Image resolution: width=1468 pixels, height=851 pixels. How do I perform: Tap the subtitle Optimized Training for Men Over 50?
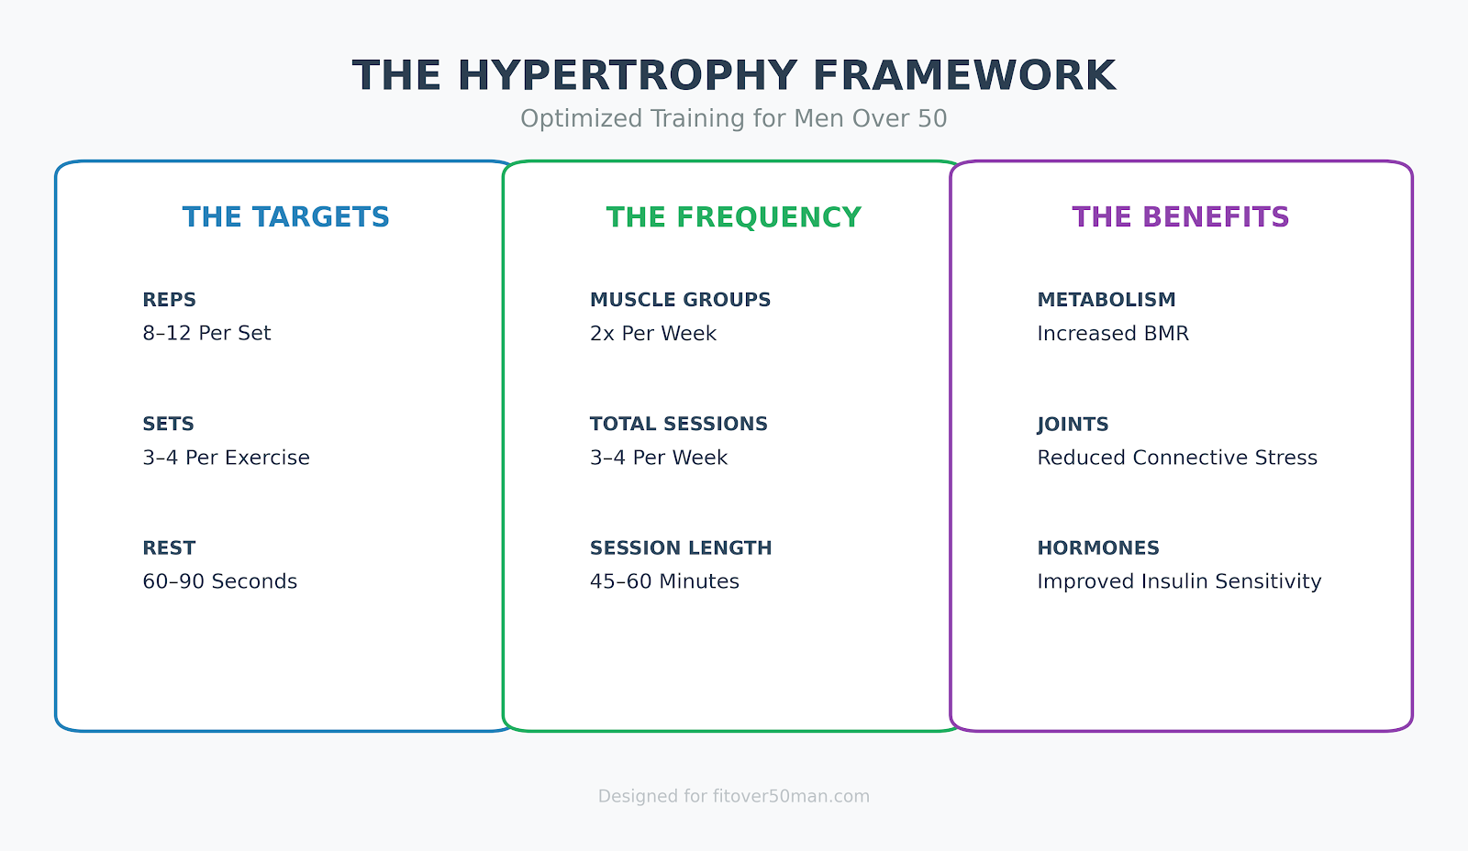(734, 119)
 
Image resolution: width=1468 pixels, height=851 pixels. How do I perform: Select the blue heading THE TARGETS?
(286, 217)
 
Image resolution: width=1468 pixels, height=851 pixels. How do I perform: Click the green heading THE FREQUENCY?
(734, 217)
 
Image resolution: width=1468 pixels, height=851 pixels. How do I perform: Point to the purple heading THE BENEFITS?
(1181, 217)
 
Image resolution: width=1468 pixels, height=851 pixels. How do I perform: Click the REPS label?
(170, 300)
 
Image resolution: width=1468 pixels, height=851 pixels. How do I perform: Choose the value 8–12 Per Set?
(206, 334)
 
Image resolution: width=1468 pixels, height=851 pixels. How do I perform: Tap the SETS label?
(168, 424)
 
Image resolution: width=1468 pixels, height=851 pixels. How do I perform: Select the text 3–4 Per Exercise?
(226, 458)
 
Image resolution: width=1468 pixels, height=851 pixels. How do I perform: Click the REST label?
(169, 548)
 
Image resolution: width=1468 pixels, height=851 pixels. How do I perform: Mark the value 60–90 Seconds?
(219, 581)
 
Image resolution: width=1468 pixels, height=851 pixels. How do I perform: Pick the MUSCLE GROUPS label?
(680, 300)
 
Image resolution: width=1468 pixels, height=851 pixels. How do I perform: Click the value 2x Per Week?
(653, 334)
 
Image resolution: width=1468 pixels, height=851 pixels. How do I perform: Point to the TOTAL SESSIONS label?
(678, 424)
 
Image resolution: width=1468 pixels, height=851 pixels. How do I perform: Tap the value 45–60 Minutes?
(664, 581)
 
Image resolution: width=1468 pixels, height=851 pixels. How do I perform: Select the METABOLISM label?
(1107, 300)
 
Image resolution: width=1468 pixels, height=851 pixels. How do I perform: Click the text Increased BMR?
(1113, 334)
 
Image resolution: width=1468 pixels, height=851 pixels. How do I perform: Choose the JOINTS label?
(1073, 425)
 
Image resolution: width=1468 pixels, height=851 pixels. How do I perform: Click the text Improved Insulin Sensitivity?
(1179, 581)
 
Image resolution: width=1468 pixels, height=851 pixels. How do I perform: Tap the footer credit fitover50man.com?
(791, 796)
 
